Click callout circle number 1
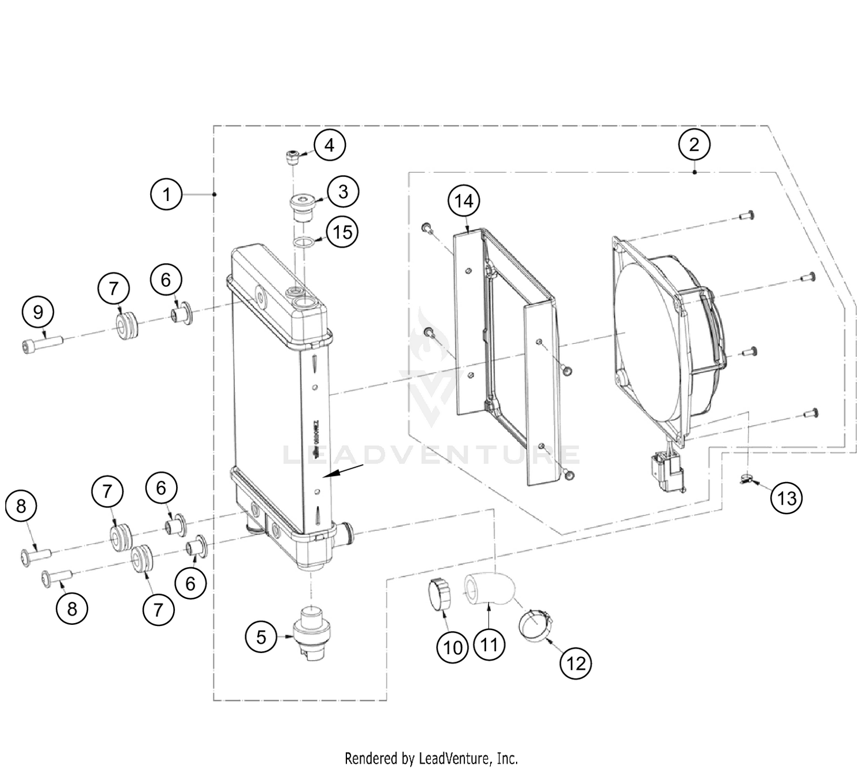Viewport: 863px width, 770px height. [166, 194]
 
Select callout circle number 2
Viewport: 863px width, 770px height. [694, 144]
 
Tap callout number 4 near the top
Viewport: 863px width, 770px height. [329, 145]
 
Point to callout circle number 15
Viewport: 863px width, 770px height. [343, 233]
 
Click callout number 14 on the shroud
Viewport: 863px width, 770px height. [464, 201]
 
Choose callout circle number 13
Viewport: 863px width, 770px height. [786, 498]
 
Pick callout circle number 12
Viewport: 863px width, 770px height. [576, 663]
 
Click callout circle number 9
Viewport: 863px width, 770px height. [38, 312]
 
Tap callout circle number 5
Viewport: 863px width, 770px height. [261, 637]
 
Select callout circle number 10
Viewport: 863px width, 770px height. [453, 647]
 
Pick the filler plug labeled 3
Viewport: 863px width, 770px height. [302, 208]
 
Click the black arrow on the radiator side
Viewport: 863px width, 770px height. [343, 469]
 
